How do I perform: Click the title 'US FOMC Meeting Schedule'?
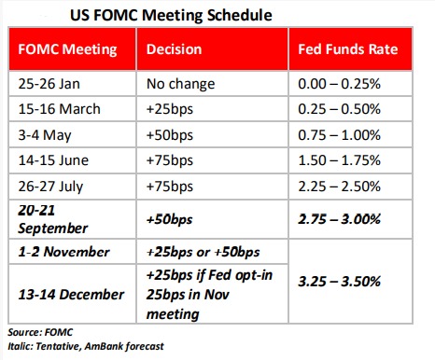171,15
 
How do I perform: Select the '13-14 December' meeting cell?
71,295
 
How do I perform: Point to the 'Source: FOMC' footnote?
40,332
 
